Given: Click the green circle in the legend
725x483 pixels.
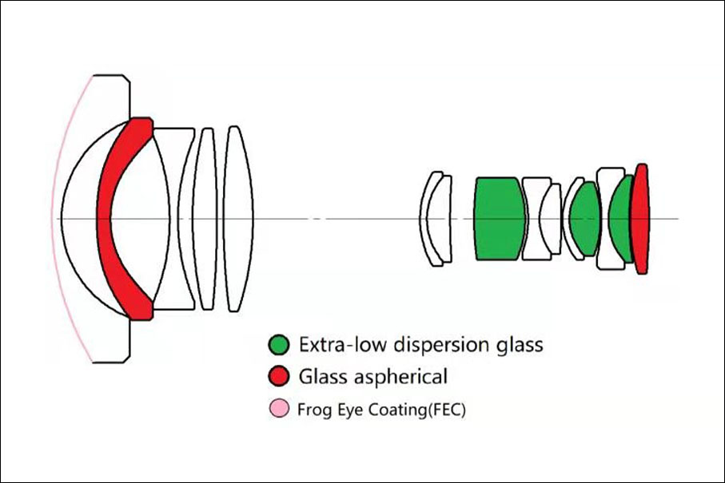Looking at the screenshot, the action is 279,345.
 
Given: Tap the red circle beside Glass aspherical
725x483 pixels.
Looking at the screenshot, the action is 279,376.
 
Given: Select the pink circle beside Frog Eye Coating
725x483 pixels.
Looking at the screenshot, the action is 279,409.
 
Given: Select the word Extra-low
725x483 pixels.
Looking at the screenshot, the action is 342,344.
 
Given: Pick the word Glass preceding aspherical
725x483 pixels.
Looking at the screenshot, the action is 321,376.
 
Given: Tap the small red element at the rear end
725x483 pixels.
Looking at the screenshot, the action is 642,219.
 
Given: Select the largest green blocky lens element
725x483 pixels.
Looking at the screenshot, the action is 500,219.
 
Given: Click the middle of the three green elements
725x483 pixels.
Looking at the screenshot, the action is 585,219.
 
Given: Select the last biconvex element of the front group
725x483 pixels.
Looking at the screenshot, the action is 238,219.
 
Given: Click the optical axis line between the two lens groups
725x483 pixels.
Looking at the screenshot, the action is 337,219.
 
